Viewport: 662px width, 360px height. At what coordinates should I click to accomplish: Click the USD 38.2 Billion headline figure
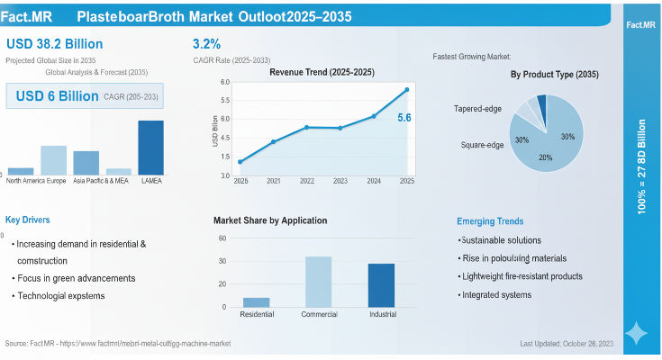point(54,44)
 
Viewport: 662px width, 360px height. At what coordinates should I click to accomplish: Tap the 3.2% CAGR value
point(206,44)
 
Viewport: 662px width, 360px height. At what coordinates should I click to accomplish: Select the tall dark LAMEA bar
point(150,148)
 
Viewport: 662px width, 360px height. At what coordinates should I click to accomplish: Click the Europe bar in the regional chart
point(54,160)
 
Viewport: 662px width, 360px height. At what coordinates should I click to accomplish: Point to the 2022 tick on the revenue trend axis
point(307,181)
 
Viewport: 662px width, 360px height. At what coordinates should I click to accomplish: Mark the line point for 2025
point(407,89)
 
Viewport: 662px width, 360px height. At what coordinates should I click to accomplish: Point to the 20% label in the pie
point(545,157)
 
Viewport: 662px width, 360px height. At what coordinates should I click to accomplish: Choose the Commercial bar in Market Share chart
point(318,282)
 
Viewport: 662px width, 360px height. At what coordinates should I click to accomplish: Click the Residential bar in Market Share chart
point(257,302)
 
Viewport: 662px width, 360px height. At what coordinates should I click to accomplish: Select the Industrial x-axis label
point(381,314)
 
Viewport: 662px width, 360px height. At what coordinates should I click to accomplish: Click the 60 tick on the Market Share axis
point(221,238)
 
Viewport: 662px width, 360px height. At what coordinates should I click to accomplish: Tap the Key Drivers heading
point(27,220)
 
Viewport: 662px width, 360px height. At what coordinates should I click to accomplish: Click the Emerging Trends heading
point(490,221)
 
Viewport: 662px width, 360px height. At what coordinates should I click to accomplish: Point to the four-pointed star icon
point(636,334)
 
